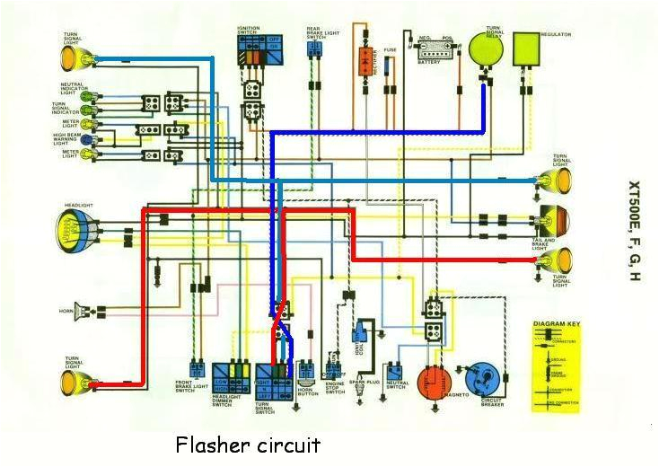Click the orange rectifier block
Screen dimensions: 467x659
coord(365,60)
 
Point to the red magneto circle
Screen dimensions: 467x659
coord(435,383)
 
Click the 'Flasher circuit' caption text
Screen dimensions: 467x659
coord(248,445)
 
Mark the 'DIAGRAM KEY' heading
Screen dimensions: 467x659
coord(557,322)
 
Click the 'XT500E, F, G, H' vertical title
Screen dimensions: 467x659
coord(634,232)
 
